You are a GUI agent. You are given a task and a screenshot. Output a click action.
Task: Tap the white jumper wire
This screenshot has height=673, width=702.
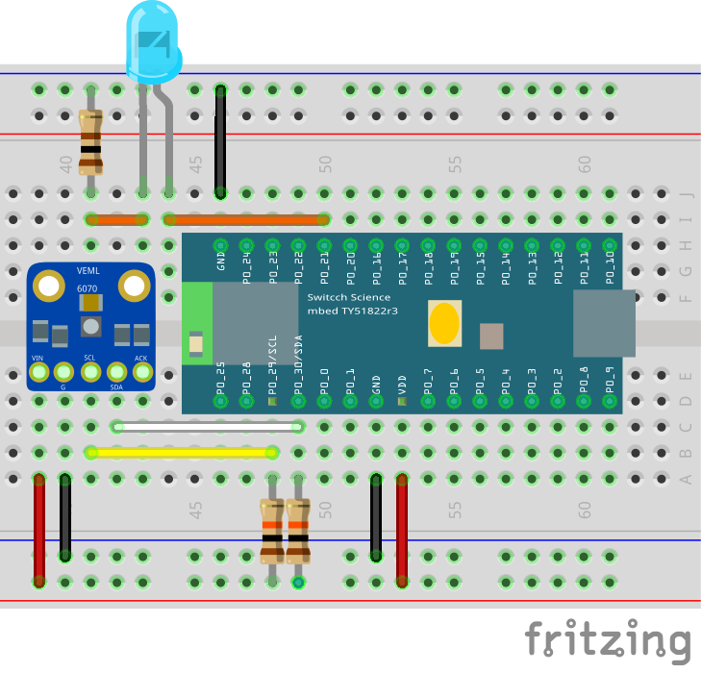pos(207,426)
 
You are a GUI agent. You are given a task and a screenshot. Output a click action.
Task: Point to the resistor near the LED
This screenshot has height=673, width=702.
pos(90,141)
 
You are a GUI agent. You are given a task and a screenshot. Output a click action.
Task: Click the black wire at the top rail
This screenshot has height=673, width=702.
pos(220,141)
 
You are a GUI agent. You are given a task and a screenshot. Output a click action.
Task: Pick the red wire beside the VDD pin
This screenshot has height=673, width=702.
pos(402,529)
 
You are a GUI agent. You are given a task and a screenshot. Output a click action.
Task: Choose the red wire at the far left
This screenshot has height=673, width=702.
pos(39,529)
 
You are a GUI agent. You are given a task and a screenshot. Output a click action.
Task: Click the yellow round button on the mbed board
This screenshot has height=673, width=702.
pos(444,324)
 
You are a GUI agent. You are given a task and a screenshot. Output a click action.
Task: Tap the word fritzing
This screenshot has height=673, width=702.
pos(608,639)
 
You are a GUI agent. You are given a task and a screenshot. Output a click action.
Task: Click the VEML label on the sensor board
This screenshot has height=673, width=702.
pos(88,271)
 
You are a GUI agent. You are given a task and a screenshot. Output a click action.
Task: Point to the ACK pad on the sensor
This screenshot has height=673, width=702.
pos(142,370)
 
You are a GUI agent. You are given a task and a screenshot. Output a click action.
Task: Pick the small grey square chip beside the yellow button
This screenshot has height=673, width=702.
pos(490,336)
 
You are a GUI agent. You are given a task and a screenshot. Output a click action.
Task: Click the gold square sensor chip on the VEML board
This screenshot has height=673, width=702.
pos(90,303)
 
